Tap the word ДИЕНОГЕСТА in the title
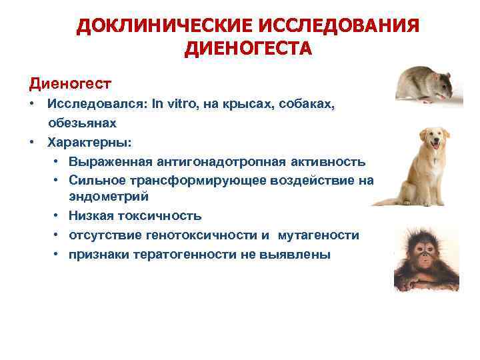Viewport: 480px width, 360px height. click(247, 48)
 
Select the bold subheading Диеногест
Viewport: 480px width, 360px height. click(69, 84)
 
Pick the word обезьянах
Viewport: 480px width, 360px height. click(81, 123)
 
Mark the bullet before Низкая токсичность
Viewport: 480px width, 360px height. click(59, 216)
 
